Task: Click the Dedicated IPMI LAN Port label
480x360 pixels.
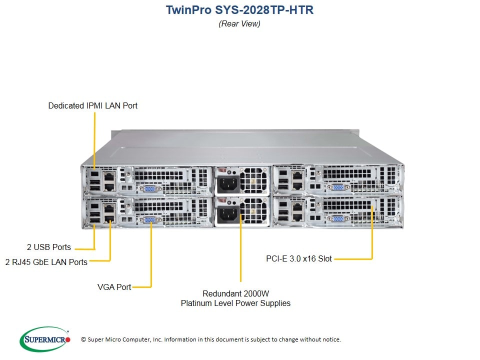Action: tap(92, 106)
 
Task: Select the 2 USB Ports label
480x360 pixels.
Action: tap(48, 247)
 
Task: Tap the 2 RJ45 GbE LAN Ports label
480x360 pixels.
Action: tap(46, 262)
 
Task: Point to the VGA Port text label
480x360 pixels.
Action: tap(114, 287)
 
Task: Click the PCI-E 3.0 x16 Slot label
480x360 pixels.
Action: tap(299, 259)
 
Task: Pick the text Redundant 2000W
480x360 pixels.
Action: tap(235, 293)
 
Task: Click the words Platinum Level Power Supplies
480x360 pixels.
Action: tap(235, 303)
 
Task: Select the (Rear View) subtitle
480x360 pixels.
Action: tap(239, 23)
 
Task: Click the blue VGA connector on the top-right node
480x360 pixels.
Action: tap(337, 187)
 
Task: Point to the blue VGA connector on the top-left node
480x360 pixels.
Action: tap(149, 189)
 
